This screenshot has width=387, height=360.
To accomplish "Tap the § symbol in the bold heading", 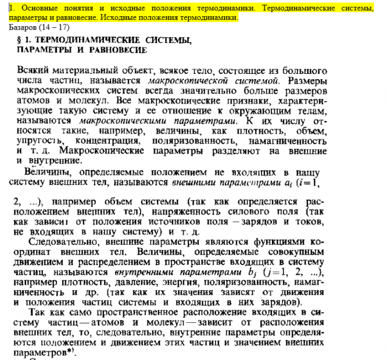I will point(22,41).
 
